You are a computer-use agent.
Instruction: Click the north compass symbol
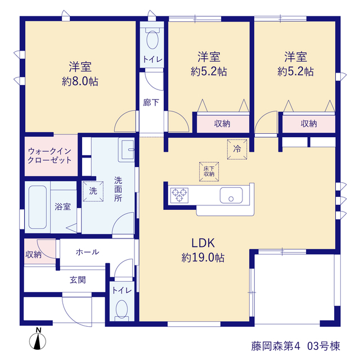(38, 339)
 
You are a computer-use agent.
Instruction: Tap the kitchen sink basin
(231, 195)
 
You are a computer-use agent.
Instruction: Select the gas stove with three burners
(179, 195)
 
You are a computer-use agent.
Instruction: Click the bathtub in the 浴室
(38, 207)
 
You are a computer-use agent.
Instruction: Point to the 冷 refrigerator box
(237, 149)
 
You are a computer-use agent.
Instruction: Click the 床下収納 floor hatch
(209, 172)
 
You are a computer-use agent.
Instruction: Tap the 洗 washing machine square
(93, 191)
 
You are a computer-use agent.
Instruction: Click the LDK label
(203, 243)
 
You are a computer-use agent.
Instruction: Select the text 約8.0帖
(80, 82)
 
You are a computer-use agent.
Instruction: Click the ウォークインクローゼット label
(49, 156)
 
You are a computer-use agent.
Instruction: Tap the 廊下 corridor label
(151, 102)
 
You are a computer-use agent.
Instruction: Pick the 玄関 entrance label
(78, 280)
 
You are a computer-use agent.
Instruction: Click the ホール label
(88, 252)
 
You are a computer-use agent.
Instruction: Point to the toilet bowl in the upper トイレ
(152, 38)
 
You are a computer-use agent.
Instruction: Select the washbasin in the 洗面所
(126, 150)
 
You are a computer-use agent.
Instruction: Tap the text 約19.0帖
(203, 258)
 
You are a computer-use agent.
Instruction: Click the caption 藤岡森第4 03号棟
(296, 346)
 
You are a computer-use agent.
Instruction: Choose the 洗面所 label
(118, 189)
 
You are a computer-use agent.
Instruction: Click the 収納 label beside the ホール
(34, 254)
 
